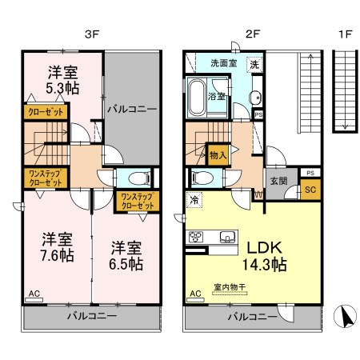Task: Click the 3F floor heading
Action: [x=92, y=34]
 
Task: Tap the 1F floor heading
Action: [x=346, y=34]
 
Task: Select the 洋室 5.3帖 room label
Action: [x=62, y=80]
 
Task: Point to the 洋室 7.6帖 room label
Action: [x=58, y=247]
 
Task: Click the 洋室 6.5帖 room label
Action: [x=126, y=256]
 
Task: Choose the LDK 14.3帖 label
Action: [x=264, y=256]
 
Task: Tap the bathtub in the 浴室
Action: [x=197, y=98]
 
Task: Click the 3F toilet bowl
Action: [x=139, y=178]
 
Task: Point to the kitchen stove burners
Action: [x=196, y=237]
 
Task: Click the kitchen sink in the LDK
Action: [x=228, y=237]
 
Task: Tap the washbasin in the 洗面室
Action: [x=256, y=98]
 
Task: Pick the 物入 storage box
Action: [x=218, y=155]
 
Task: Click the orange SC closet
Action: [x=310, y=190]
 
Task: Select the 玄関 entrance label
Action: [x=278, y=181]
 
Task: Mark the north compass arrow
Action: [x=346, y=317]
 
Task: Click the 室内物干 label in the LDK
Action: [x=230, y=287]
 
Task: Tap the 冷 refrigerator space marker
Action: [x=194, y=200]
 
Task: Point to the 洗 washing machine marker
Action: [x=254, y=65]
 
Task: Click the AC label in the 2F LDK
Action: [x=195, y=294]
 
